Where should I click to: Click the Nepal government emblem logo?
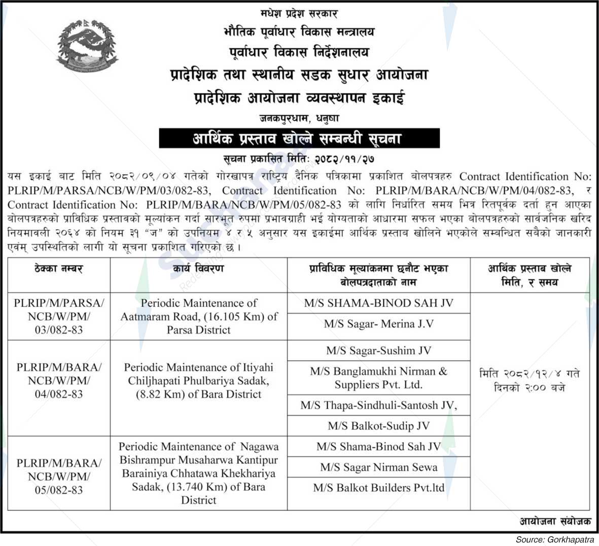87,47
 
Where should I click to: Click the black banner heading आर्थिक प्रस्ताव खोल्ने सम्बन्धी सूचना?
299,138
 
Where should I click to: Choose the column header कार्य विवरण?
198,269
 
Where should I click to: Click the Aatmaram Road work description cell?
199,316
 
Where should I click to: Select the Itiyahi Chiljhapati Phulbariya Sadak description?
199,380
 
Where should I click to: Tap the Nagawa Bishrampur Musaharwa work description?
199,473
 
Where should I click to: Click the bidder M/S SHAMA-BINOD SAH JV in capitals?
378,303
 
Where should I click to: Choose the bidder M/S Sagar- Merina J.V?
378,324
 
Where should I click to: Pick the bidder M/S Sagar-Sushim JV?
378,350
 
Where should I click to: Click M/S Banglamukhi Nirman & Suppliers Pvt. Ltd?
378,378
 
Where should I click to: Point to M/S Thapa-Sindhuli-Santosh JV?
378,405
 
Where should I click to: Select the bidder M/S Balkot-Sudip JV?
378,426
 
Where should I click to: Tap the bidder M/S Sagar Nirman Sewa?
378,467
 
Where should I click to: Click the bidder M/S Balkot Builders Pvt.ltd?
378,488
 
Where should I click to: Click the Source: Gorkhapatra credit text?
557,539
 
